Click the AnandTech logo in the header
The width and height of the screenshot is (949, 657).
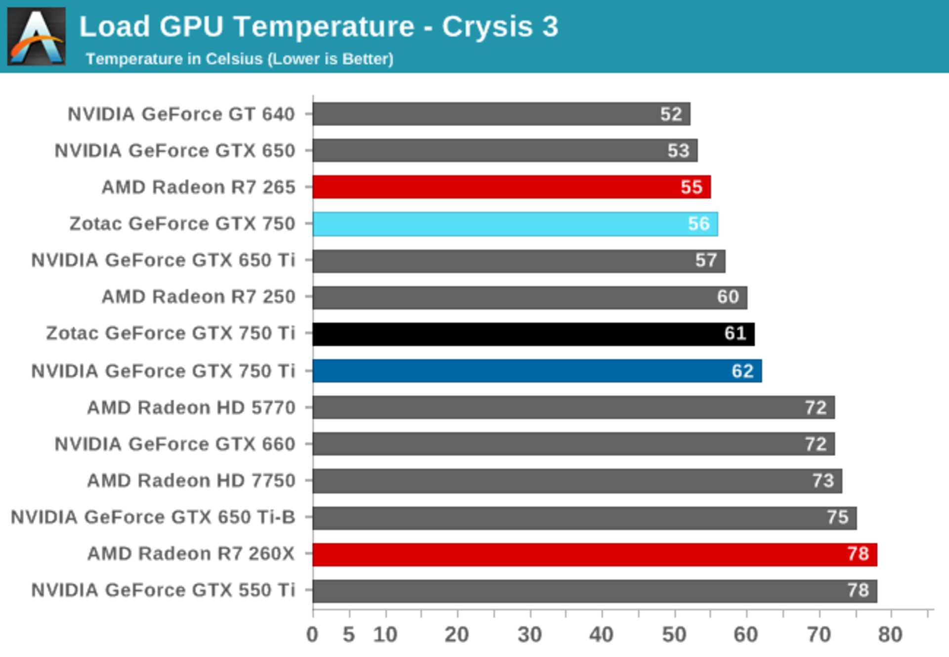(x=36, y=36)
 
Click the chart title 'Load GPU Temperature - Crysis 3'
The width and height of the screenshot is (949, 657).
(x=319, y=26)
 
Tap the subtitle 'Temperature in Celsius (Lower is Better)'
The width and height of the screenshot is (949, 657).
(x=240, y=59)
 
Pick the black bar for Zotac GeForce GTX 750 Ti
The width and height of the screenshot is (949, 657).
(x=533, y=334)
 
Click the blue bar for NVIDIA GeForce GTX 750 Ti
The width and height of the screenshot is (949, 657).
(x=537, y=371)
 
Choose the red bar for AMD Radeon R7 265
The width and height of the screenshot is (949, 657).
(x=512, y=187)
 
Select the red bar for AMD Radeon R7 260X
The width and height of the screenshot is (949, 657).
(x=595, y=554)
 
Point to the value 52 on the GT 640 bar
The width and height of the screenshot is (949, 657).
(x=671, y=114)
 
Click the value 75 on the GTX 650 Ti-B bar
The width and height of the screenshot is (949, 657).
(x=837, y=518)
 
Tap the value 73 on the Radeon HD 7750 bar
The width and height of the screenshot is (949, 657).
(x=823, y=481)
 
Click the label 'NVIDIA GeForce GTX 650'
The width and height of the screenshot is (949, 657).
(x=175, y=151)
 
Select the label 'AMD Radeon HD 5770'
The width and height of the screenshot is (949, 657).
(x=191, y=408)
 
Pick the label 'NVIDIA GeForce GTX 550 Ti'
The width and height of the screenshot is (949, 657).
(x=163, y=590)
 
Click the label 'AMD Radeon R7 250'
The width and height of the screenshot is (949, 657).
(x=198, y=297)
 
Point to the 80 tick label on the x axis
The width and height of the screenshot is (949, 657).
(x=890, y=635)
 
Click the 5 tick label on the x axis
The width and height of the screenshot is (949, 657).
(x=349, y=635)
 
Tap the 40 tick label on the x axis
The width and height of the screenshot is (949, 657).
(x=601, y=635)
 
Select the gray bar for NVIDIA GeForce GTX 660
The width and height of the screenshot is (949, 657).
(x=573, y=444)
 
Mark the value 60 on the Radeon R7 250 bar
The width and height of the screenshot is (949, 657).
(x=728, y=297)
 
